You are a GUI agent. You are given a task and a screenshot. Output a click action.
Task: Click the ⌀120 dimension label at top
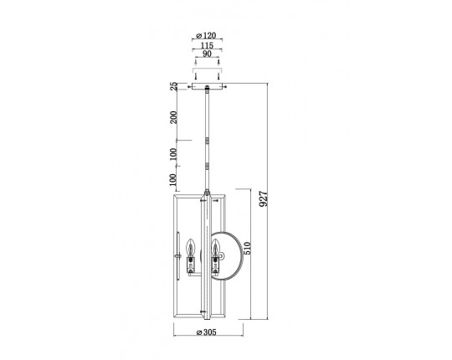(206, 35)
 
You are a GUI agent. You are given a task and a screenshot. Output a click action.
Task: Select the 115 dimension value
(207, 45)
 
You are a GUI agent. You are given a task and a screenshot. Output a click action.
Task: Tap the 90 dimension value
(207, 54)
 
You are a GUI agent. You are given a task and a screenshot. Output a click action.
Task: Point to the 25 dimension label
(173, 86)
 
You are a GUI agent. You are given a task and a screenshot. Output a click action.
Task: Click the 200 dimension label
(173, 117)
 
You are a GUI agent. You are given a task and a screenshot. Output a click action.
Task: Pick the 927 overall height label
(264, 198)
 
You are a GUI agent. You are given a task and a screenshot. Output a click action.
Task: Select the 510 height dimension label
(247, 248)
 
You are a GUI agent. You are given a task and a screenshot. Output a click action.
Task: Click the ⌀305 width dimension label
(206, 332)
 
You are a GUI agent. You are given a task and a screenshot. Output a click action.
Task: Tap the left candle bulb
(190, 247)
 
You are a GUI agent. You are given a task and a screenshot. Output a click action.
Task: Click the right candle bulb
(215, 247)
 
